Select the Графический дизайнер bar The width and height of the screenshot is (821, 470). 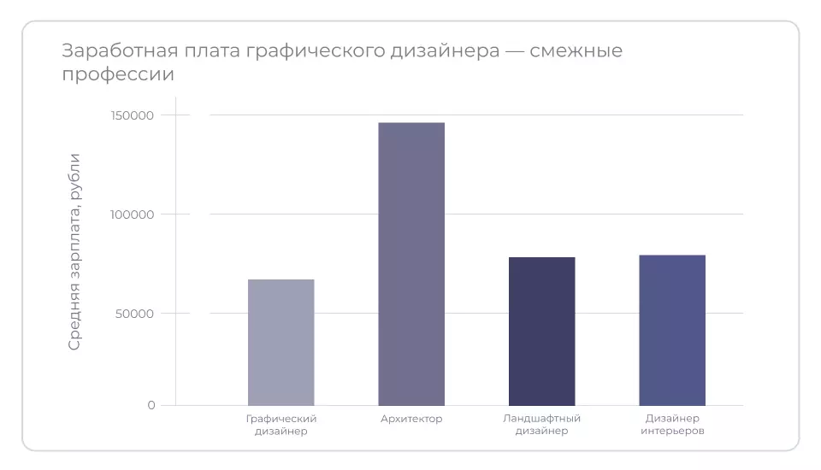pos(281,342)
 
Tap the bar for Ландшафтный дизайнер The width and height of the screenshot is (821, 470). pos(541,331)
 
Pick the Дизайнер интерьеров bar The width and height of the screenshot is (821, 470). pos(672,330)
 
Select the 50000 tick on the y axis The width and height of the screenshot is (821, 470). pos(136,314)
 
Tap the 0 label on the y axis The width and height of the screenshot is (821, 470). pos(151,405)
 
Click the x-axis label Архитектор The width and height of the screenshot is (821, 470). pos(411,419)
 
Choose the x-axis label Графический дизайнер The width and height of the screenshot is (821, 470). pos(281,425)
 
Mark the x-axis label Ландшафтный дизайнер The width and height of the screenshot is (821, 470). pos(541,425)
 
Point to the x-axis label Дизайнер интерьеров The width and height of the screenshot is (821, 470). pos(672,425)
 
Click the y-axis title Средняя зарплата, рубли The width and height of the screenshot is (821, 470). pos(75,251)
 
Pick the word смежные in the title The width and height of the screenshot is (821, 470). pos(576,51)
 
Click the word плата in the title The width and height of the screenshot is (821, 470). pos(204,51)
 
